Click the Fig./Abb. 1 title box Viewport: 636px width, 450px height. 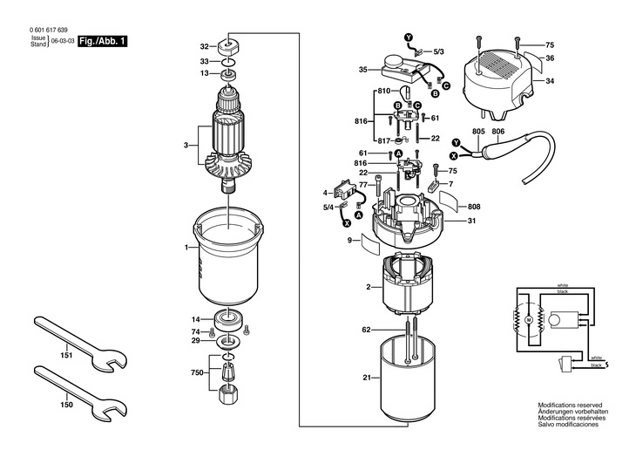(103, 41)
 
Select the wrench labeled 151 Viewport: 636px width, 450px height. (81, 344)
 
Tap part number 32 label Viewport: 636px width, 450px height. (204, 47)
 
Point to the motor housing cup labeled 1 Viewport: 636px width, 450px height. (228, 256)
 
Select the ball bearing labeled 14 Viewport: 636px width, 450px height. (228, 320)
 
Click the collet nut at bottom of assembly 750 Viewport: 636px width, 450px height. (228, 393)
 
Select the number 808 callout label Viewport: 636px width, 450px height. (474, 207)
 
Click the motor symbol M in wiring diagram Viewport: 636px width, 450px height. (528, 320)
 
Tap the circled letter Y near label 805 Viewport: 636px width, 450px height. (457, 142)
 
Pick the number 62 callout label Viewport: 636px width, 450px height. (366, 330)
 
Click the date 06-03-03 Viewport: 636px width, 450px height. (63, 41)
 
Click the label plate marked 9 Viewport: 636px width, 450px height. (371, 243)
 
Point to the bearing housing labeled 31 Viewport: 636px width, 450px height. (409, 222)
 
